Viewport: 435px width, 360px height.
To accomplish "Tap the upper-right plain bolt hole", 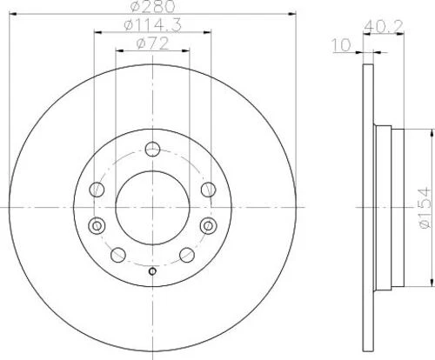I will (x=207, y=189).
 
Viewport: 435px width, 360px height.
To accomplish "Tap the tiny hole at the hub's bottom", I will (x=152, y=272).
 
